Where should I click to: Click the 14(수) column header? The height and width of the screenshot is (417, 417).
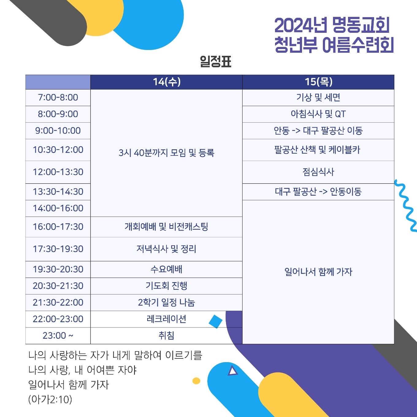(x=166, y=82)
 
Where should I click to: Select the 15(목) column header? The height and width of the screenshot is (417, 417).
(x=318, y=82)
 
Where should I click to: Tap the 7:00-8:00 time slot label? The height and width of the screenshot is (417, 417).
(x=58, y=98)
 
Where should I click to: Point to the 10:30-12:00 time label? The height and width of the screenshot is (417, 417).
(x=58, y=150)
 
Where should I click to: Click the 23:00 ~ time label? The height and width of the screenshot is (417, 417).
(x=58, y=336)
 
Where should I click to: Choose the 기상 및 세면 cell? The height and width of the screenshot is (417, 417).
(x=318, y=98)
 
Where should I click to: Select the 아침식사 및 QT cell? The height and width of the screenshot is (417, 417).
(x=318, y=114)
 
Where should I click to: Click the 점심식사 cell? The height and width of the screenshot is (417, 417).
(x=318, y=172)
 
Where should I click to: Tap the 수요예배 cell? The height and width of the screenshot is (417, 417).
(x=166, y=270)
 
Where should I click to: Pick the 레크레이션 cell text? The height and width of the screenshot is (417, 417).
(x=166, y=319)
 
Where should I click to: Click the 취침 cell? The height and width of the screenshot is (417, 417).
(x=166, y=336)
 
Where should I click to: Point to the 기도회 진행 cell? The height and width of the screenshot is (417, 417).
(x=166, y=286)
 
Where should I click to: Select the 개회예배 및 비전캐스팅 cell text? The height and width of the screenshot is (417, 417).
(x=166, y=227)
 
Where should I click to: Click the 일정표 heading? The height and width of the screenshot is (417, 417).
(x=216, y=61)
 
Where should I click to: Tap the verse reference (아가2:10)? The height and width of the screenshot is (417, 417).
(x=50, y=400)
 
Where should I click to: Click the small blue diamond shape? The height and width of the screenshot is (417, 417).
(x=216, y=322)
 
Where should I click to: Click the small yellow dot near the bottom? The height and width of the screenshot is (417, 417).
(x=196, y=381)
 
